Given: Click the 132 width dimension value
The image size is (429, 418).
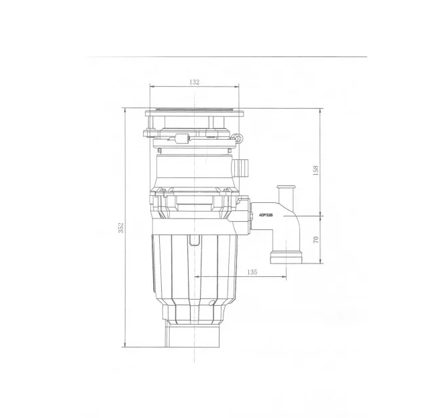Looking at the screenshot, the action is point(194,81).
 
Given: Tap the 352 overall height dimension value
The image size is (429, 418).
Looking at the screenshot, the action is point(122,228).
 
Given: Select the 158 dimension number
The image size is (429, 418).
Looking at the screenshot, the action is point(316,171).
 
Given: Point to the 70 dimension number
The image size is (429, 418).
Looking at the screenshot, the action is point(316,239).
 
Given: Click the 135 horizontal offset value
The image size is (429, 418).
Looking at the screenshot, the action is point(252,272).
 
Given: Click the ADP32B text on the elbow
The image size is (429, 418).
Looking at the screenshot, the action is point(266,215).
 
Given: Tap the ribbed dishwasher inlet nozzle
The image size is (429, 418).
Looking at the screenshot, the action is point(240,167).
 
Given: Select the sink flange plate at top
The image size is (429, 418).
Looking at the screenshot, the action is point(194,113).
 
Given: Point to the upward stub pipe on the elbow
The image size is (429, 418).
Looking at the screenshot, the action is point(286,194).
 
